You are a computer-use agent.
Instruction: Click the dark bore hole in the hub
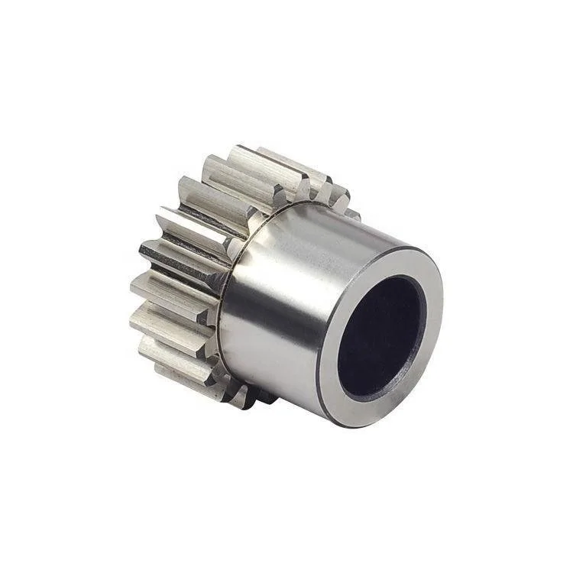380,332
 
